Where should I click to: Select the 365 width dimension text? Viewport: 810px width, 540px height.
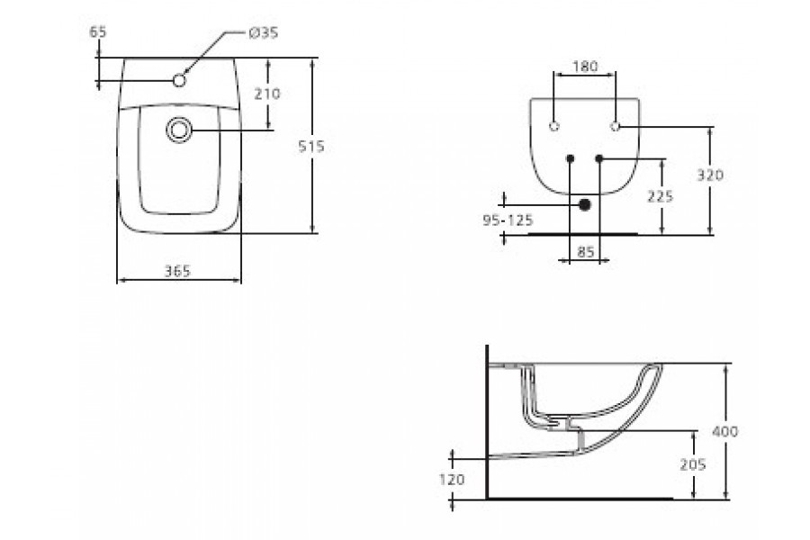pos(178,272)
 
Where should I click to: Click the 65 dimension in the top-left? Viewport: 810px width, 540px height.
pos(98,31)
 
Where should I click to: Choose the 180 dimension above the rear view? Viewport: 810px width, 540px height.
pos(585,67)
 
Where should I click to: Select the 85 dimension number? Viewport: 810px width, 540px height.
pos(585,253)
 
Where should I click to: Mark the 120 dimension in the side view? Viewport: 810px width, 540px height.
pos(453,480)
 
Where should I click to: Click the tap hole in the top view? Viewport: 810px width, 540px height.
pos(179,81)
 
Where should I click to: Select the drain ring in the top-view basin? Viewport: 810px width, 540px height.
pos(179,130)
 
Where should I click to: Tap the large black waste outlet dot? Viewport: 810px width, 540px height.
pos(585,205)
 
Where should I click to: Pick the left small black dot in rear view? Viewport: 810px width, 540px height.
pos(570,159)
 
